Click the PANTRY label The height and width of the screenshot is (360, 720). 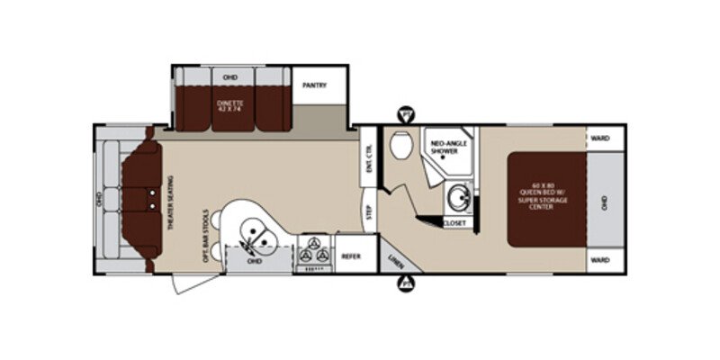(315, 86)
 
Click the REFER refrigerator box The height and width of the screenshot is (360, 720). (350, 256)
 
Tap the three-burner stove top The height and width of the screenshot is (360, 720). (316, 252)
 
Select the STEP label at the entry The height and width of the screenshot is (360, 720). (369, 212)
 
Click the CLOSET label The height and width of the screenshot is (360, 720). (456, 220)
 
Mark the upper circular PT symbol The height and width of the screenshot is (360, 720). (405, 114)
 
